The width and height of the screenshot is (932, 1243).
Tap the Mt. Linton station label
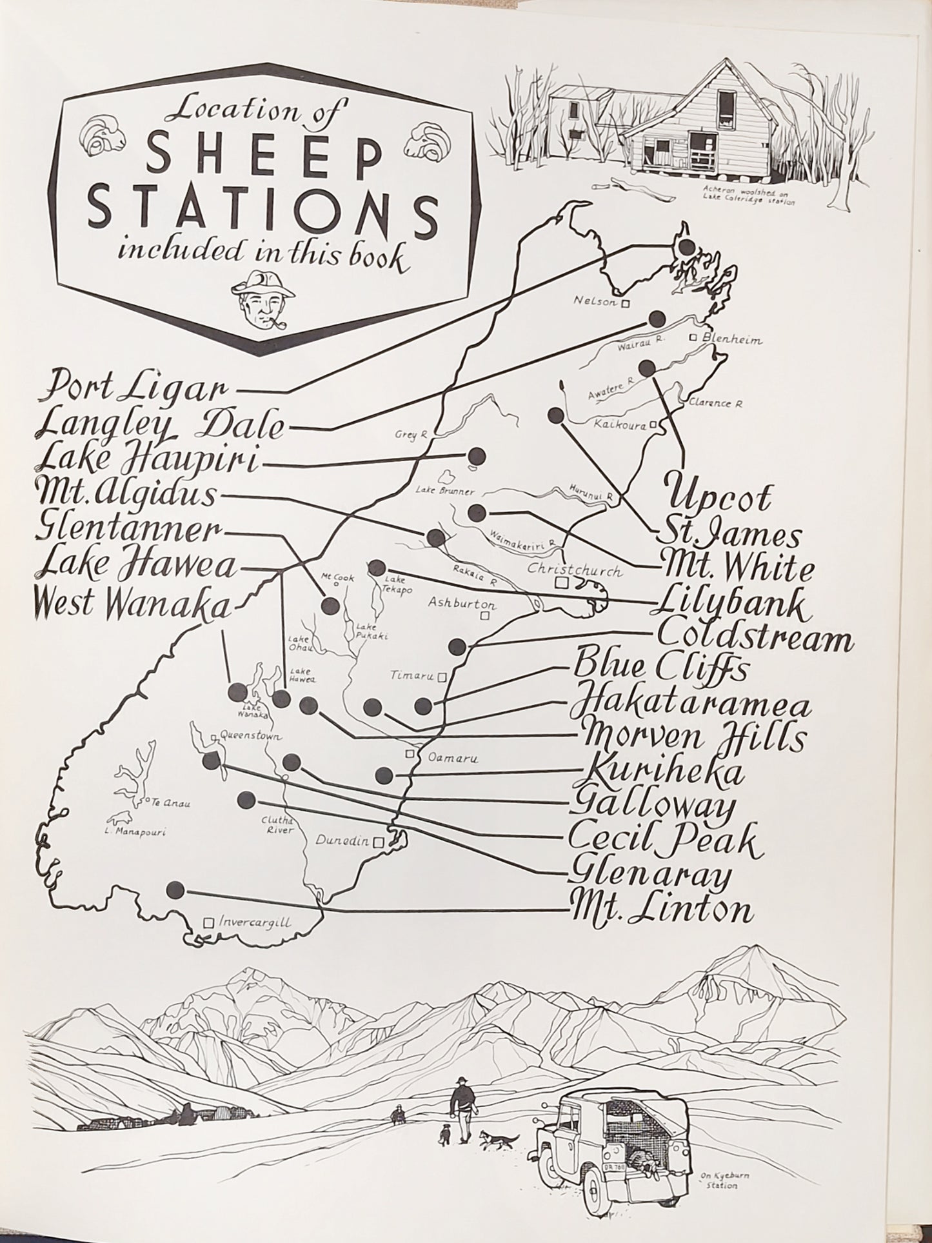tap(661, 910)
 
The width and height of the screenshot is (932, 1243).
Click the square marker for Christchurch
tap(562, 583)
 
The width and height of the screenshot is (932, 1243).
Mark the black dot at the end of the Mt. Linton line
tap(173, 890)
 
